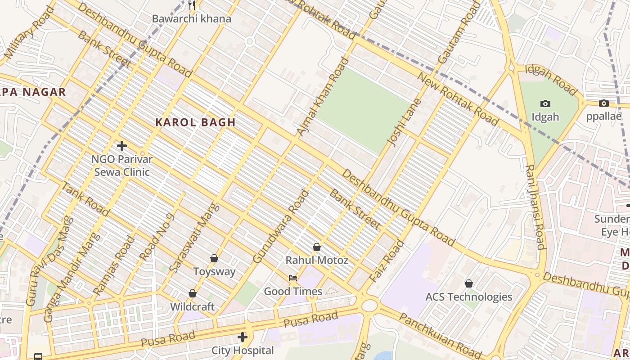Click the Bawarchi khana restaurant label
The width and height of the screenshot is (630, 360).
(x=191, y=19)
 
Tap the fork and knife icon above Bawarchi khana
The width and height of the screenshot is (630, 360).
(x=192, y=5)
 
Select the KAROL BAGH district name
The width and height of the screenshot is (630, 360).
(x=196, y=122)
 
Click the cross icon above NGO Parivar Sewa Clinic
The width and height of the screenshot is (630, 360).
(x=122, y=146)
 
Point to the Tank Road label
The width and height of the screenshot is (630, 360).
(x=85, y=199)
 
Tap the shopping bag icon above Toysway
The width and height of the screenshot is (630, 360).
(x=214, y=258)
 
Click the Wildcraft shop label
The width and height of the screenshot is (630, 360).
(x=192, y=307)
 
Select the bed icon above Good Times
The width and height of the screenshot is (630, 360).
(x=293, y=278)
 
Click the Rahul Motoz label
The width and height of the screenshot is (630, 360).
(x=317, y=260)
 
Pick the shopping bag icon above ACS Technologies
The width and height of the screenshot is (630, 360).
(x=469, y=283)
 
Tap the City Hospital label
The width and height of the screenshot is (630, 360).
(x=243, y=350)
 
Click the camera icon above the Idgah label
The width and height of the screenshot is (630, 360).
(x=545, y=104)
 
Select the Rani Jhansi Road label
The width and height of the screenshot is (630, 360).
(x=535, y=207)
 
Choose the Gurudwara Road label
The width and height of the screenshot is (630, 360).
(x=281, y=226)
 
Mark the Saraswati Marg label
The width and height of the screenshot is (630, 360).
(x=194, y=238)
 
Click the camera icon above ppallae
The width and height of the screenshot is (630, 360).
(x=604, y=103)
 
